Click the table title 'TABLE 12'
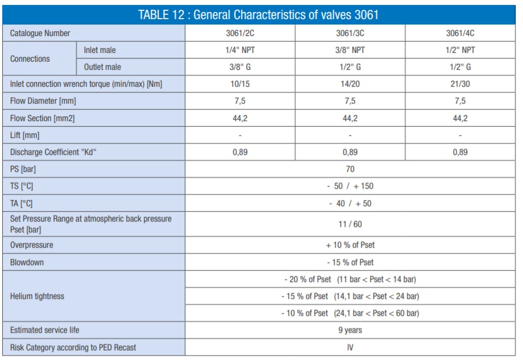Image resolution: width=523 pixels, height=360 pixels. coord(258,15)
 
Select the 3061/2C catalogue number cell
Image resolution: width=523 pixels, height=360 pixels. coord(240,33)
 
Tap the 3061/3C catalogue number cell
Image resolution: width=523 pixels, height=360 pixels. coord(350,33)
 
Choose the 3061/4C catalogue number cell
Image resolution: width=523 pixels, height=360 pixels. coord(460,33)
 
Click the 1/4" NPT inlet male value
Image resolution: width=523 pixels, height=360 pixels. coord(240,50)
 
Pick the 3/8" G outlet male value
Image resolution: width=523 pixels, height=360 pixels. coord(240,67)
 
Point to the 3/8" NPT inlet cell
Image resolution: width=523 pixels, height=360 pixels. coord(350,50)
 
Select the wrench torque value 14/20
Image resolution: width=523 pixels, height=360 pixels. coord(350,84)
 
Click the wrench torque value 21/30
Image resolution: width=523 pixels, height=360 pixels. coord(460,84)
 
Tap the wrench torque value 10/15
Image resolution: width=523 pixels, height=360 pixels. coord(240,84)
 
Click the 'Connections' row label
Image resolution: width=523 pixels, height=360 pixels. coord(30,58)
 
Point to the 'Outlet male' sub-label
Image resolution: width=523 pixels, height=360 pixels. coord(103,67)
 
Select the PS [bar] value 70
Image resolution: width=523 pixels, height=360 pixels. coord(350,169)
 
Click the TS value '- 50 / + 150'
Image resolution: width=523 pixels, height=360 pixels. coord(350,186)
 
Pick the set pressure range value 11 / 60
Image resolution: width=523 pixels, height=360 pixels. coord(350,224)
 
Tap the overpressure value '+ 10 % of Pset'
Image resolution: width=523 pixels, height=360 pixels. coord(350,245)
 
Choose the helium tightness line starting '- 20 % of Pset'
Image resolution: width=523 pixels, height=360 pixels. coord(350,279)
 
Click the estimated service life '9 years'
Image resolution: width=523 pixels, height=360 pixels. coord(350,330)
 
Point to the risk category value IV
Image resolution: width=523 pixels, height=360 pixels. coord(350,347)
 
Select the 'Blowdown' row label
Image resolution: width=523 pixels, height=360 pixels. coord(27,262)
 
